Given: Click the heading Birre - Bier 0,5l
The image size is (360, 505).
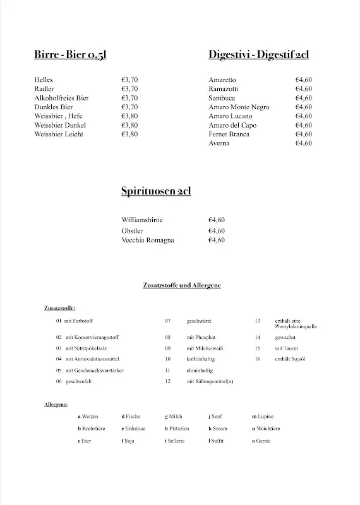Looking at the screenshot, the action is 70,55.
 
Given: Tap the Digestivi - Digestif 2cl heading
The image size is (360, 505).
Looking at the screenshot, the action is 258,55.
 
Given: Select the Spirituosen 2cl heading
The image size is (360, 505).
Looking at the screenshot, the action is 156,191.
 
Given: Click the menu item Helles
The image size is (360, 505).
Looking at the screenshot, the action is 44,80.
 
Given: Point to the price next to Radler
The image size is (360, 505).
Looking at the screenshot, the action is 129,89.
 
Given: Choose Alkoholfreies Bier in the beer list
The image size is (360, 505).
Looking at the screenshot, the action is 61,98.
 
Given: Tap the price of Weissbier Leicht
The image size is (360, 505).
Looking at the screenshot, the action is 129,134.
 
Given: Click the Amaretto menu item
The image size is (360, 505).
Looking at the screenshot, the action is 222,80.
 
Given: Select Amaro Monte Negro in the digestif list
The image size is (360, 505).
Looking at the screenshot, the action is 239,107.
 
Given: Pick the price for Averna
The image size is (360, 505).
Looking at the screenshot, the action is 303,143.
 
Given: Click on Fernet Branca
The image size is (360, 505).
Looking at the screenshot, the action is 229,134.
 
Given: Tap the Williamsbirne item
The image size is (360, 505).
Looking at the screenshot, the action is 142,220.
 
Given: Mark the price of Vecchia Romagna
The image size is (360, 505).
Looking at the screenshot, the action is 217,241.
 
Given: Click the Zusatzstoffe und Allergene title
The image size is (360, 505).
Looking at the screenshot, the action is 182,285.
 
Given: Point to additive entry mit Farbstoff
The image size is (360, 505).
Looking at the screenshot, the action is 78,321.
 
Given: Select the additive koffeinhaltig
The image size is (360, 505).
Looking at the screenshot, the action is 200,359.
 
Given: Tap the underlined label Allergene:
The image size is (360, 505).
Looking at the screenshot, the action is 56,403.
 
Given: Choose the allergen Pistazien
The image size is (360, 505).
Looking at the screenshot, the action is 176,428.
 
